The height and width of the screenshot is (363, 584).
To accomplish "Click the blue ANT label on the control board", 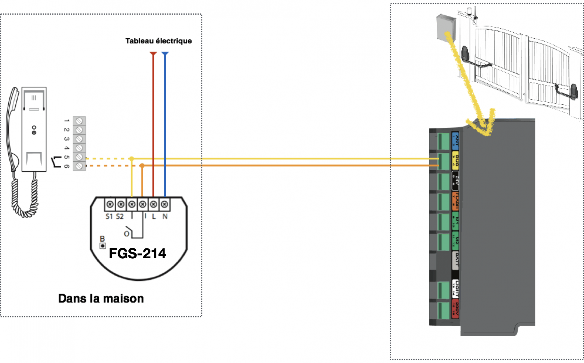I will [x=455, y=141].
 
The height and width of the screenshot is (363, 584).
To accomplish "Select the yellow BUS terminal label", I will [x=455, y=160].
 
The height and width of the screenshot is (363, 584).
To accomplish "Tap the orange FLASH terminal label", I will [x=455, y=201].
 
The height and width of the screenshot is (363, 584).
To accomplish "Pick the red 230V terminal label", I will [x=455, y=309].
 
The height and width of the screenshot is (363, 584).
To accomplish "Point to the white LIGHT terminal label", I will [x=455, y=289].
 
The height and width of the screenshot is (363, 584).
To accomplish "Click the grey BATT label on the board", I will [x=455, y=260].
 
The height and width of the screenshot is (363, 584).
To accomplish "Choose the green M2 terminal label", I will [x=455, y=240].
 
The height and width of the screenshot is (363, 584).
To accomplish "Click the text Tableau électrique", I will [x=158, y=41].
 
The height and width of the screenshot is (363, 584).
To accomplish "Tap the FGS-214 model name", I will [x=137, y=253].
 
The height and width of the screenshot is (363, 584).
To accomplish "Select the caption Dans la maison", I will [x=101, y=298].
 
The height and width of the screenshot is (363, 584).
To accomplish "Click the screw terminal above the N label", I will [x=165, y=204].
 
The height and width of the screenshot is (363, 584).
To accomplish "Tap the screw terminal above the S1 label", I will [x=110, y=204].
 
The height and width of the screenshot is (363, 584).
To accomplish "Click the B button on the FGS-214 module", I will [x=103, y=246].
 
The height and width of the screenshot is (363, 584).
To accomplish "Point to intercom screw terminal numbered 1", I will [x=79, y=121].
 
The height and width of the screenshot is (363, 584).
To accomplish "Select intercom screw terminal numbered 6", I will [x=79, y=166].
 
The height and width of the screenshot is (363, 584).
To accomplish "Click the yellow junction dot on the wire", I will [x=131, y=159].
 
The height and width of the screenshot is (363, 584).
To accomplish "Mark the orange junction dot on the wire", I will [x=142, y=166].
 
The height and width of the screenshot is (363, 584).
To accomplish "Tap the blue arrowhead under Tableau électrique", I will [x=165, y=54].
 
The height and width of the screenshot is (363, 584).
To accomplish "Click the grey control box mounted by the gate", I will [x=446, y=27].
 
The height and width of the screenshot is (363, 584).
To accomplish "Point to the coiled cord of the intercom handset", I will [x=24, y=198].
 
